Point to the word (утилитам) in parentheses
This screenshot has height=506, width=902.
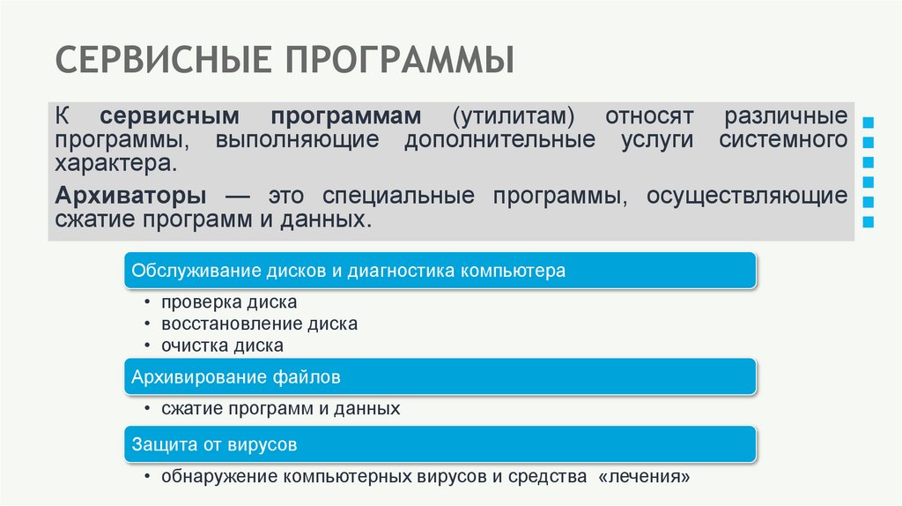point(515,117)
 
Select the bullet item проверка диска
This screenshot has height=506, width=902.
point(228,302)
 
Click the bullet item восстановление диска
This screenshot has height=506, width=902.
point(259,324)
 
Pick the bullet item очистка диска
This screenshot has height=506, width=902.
point(222,346)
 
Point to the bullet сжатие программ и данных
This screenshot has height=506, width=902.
point(280,409)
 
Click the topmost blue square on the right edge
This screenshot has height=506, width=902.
point(869,121)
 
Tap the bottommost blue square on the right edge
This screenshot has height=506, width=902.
point(869,221)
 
